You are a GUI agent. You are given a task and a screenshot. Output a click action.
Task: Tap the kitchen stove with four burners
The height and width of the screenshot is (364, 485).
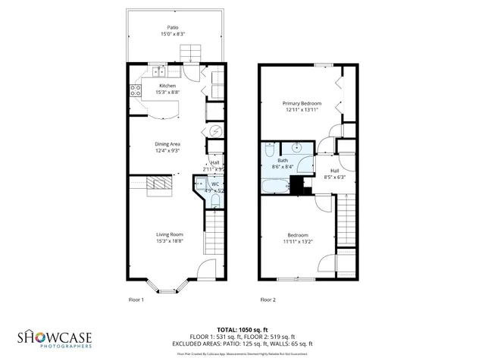136,90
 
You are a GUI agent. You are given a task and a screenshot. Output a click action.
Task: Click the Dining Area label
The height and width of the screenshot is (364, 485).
167,143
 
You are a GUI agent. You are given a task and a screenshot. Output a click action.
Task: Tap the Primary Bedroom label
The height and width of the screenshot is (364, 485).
302,103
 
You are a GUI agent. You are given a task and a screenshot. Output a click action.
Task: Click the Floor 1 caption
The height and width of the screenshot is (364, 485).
136,300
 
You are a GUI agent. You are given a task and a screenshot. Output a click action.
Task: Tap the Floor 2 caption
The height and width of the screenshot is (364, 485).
268,300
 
